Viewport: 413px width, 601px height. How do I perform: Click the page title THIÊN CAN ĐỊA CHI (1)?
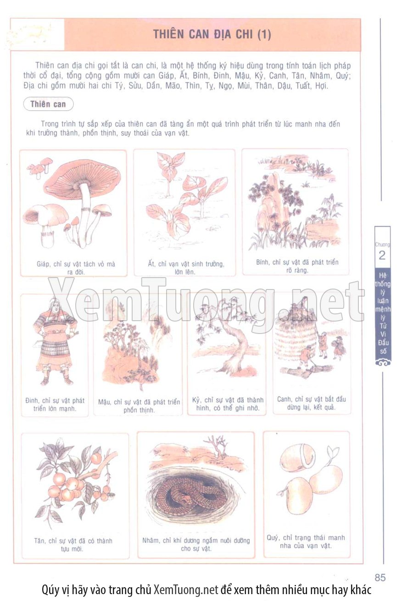(x=212, y=34)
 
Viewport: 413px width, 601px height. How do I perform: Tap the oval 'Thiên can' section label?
(x=48, y=104)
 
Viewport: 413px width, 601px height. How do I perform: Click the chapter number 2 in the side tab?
(x=382, y=255)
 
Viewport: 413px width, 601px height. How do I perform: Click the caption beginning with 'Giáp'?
(x=76, y=268)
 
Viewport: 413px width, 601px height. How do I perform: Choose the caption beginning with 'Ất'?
(x=186, y=268)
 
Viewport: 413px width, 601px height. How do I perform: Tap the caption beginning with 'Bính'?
(x=297, y=266)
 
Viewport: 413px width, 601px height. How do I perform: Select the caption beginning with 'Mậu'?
(x=139, y=406)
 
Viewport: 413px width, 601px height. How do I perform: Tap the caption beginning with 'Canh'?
(x=311, y=403)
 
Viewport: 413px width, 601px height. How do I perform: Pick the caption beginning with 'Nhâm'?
(x=196, y=545)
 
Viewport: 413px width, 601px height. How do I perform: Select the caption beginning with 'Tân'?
(x=73, y=545)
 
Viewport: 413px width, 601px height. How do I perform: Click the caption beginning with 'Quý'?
(x=306, y=541)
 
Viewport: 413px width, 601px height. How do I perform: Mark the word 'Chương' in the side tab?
(x=382, y=245)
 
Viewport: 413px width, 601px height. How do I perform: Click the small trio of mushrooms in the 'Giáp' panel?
(x=40, y=167)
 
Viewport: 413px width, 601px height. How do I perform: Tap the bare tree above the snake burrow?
(x=216, y=447)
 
